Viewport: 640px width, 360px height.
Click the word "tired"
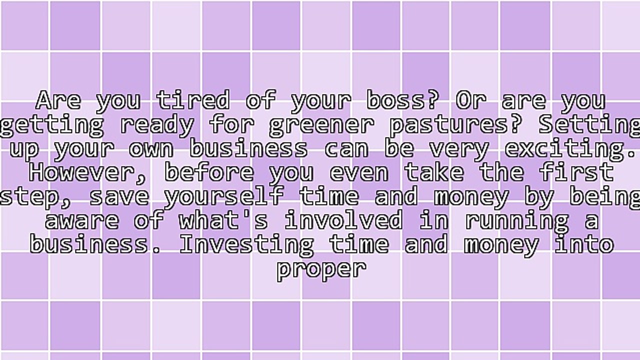tap(193, 99)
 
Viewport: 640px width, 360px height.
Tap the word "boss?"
tap(401, 99)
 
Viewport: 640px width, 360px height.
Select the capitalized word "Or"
tap(471, 99)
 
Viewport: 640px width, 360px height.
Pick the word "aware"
tap(82, 220)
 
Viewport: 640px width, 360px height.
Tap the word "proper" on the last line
tap(321, 269)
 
